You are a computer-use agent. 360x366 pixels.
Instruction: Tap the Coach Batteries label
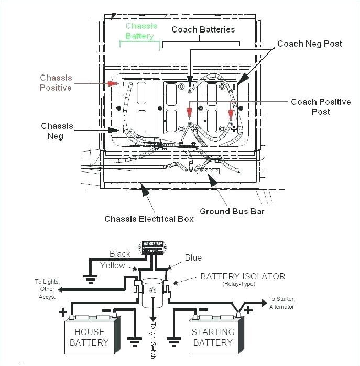tap(203, 29)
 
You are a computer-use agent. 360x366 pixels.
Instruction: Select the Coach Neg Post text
tap(309, 44)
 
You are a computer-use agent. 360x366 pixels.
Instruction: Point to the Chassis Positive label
tap(56, 83)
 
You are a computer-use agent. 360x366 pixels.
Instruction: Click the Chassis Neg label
tap(57, 131)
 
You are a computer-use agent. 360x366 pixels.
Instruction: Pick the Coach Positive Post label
tap(321, 106)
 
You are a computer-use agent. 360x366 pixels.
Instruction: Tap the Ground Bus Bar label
tap(232, 212)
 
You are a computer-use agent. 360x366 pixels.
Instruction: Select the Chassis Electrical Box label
tap(149, 219)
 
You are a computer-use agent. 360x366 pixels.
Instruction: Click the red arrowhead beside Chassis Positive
tap(113, 83)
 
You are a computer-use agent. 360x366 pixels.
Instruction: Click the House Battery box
tap(89, 337)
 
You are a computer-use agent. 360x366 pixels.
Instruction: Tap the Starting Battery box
tap(213, 337)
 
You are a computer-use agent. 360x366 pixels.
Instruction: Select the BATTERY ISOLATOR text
tap(243, 276)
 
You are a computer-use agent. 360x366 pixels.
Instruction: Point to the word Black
tap(119, 254)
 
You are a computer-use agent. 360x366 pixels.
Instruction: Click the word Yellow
tap(113, 265)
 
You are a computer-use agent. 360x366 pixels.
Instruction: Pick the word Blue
tap(193, 257)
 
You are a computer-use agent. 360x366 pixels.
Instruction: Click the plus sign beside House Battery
tap(62, 313)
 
